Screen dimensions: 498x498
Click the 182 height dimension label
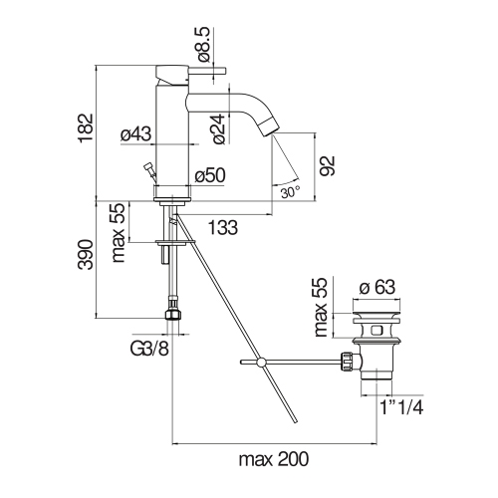[x=86, y=128]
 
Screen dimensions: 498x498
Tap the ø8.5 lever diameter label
[x=204, y=45]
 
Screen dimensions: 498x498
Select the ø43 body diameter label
[x=135, y=134]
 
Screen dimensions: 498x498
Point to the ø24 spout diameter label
[x=219, y=129]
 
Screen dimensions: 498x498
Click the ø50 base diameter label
[x=210, y=175]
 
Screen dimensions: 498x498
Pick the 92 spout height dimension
[x=329, y=165]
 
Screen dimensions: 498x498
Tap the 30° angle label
[x=291, y=192]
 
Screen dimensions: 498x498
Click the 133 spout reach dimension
[x=223, y=228]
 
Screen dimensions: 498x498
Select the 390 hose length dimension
[x=86, y=254]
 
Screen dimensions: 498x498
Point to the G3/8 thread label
[x=149, y=349]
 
